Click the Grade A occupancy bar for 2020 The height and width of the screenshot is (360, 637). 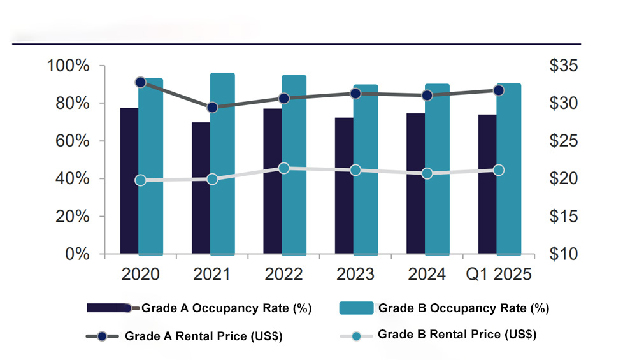pyautogui.click(x=129, y=181)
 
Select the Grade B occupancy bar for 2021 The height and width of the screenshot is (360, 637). pyautogui.click(x=222, y=164)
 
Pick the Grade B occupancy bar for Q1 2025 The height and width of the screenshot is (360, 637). pyautogui.click(x=509, y=169)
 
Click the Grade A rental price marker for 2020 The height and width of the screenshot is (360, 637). pyautogui.click(x=141, y=82)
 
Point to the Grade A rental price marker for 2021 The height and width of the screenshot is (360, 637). pyautogui.click(x=212, y=108)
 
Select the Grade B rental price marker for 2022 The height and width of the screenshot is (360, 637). pyautogui.click(x=284, y=168)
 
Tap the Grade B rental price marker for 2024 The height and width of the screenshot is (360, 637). pyautogui.click(x=427, y=173)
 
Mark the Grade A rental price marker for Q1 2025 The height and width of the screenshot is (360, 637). pyautogui.click(x=499, y=90)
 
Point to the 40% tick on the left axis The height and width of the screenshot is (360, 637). pyautogui.click(x=71, y=179)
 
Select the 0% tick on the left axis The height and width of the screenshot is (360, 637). pyautogui.click(x=76, y=254)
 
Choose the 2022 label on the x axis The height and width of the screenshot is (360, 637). pyautogui.click(x=283, y=275)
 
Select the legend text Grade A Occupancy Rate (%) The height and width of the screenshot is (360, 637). pyautogui.click(x=226, y=308)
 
